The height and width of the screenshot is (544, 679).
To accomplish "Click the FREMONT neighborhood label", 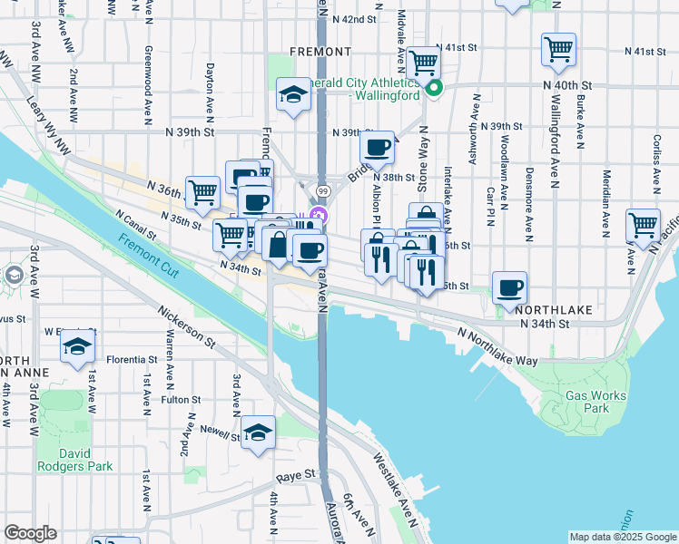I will pyautogui.click(x=320, y=52).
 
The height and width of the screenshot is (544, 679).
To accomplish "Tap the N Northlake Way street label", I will pyautogui.click(x=497, y=348).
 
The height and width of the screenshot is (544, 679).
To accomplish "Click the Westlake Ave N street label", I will pyautogui.click(x=393, y=486).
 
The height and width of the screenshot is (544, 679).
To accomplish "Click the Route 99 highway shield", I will pyautogui.click(x=323, y=190).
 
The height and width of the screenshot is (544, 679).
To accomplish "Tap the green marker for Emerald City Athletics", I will pyautogui.click(x=434, y=88).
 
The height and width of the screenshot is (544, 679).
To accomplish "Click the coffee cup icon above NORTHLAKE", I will pyautogui.click(x=509, y=287).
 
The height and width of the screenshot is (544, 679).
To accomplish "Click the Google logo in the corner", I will pyautogui.click(x=30, y=533).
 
